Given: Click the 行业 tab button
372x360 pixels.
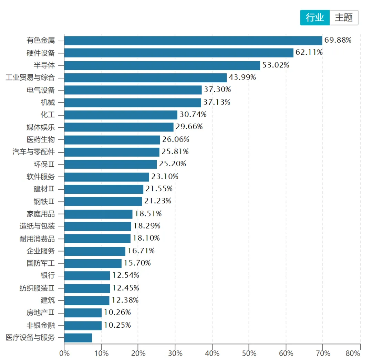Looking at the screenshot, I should pyautogui.click(x=315, y=18).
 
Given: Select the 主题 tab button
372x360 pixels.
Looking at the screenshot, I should pyautogui.click(x=344, y=18).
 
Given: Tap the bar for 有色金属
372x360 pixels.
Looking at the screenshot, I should pyautogui.click(x=193, y=41).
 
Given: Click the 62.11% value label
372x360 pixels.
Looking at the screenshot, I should pyautogui.click(x=309, y=53).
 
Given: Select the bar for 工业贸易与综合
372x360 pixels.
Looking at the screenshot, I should pyautogui.click(x=145, y=78).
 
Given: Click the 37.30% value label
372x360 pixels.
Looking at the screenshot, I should pyautogui.click(x=217, y=90).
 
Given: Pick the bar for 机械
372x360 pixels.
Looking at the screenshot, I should pyautogui.click(x=133, y=103).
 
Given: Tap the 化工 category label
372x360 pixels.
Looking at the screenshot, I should pyautogui.click(x=48, y=115).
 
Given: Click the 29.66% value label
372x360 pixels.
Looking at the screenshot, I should pyautogui.click(x=189, y=127).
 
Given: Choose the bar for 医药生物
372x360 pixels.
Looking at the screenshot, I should pyautogui.click(x=112, y=140).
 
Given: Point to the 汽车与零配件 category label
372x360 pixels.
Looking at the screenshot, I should pyautogui.click(x=34, y=152).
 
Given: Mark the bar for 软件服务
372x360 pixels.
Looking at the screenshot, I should pyautogui.click(x=106, y=177).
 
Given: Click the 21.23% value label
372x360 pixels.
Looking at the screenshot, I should pyautogui.click(x=158, y=201).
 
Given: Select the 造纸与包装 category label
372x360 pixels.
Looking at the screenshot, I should pyautogui.click(x=37, y=226).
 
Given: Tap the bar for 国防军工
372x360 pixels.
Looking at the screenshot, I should pyautogui.click(x=93, y=263).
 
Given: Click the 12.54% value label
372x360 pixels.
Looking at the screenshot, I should pyautogui.click(x=126, y=275).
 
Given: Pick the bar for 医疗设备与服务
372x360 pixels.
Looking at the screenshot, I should pyautogui.click(x=78, y=338).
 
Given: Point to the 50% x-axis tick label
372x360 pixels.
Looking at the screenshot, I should pyautogui.click(x=249, y=353).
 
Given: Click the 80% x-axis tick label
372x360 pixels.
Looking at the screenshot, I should pyautogui.click(x=353, y=353).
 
